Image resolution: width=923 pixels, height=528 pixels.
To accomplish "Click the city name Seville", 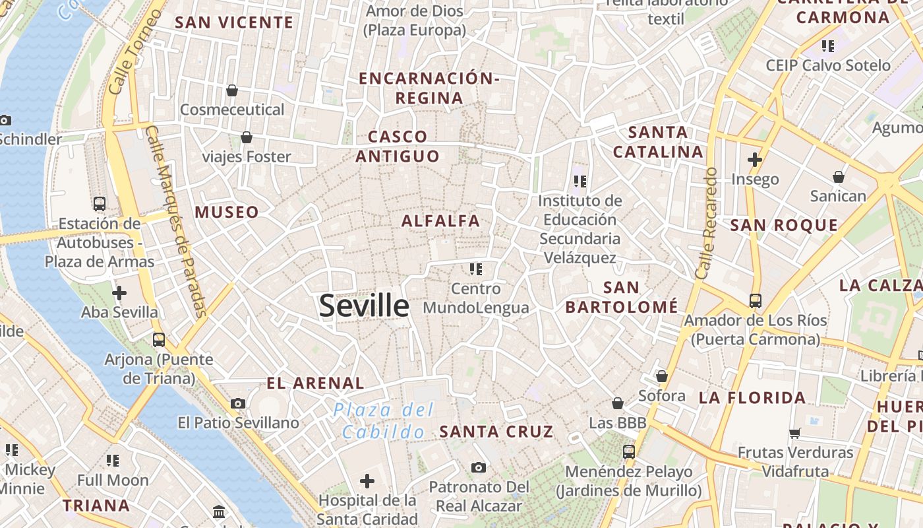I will tap(364, 306).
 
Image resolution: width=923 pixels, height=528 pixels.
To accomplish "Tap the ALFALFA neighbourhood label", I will tap(441, 221).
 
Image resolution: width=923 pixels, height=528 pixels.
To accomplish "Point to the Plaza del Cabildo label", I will tap(384, 420).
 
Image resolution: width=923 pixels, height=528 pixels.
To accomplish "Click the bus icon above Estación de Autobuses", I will tap(100, 204).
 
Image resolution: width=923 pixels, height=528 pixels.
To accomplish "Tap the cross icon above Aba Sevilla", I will tap(119, 292).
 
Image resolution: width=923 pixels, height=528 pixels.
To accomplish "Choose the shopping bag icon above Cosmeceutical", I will tap(232, 90).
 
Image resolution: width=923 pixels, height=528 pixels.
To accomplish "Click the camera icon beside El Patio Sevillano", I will tap(238, 403).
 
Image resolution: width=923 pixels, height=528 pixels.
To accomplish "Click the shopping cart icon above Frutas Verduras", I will tap(795, 434).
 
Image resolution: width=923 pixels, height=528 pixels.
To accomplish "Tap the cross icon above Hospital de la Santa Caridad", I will tap(367, 481).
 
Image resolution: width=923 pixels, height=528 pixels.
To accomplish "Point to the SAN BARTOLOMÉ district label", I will tap(621, 297).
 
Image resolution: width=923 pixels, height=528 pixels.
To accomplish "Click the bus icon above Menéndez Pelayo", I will tap(629, 452).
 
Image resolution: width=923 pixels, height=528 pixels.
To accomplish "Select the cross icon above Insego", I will tap(755, 160).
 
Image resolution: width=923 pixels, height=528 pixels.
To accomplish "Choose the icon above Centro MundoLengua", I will tap(476, 269).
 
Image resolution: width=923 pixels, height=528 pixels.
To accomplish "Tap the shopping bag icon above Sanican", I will tap(838, 177).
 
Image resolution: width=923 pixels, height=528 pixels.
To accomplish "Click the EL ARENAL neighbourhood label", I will tap(315, 383).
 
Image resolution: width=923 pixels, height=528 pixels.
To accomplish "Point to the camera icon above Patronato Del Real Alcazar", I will tap(479, 468).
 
